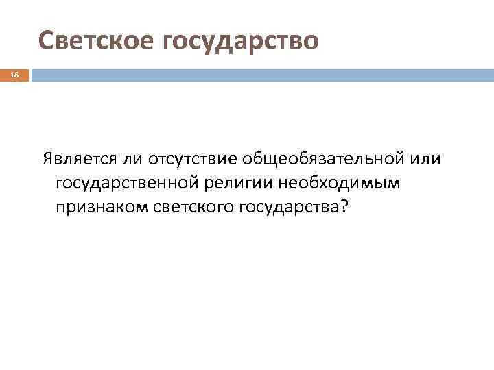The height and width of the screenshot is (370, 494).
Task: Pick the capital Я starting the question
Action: tap(47, 160)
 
